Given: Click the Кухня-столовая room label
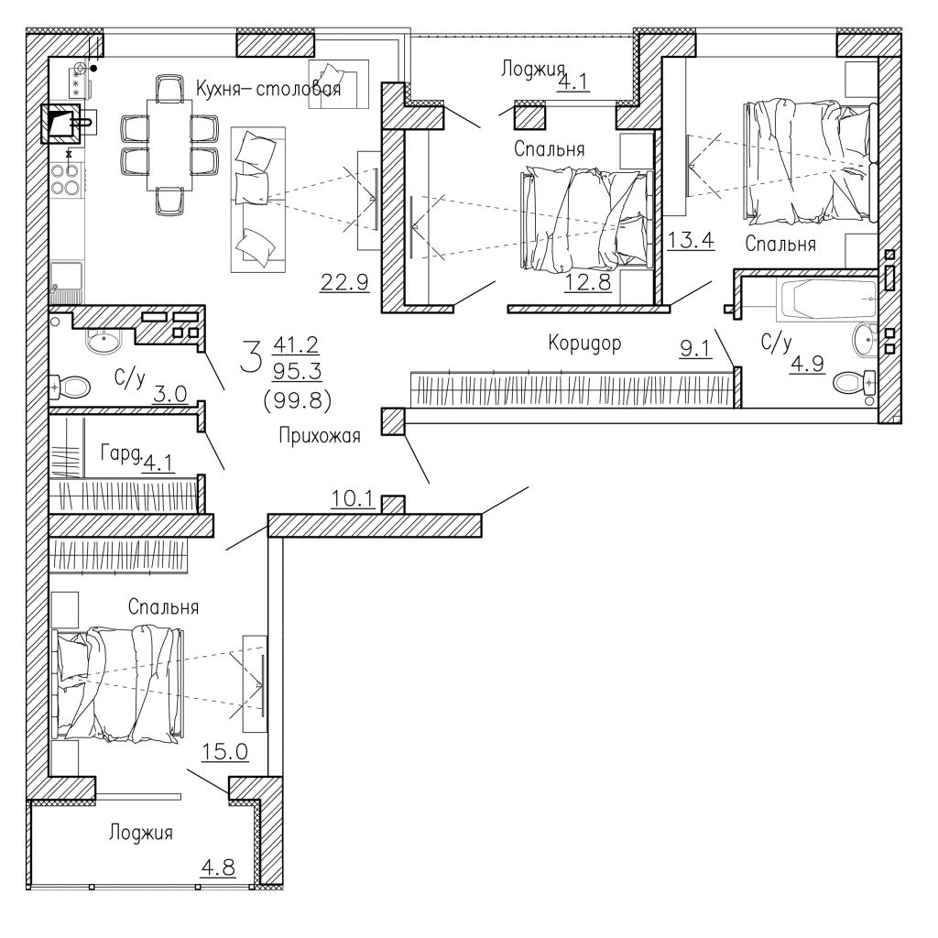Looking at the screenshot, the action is point(268,89).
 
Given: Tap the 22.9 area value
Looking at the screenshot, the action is point(344,281).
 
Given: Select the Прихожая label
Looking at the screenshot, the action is point(320,435).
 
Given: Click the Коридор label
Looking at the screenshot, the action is point(584,344).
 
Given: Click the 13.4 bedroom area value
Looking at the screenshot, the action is point(691,241).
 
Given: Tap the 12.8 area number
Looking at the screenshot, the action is point(587,281).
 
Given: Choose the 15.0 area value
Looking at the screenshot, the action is point(224,751).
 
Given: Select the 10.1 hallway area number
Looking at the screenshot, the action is point(353,498).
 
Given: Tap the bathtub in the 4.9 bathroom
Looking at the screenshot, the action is point(827,298).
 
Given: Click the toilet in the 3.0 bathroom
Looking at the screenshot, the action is point(71,387).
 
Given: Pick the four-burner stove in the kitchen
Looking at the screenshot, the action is point(65,179).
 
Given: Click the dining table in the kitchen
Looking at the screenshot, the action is point(169,145).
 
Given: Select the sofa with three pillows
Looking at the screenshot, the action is point(258,200).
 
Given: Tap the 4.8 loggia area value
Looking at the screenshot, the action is point(217,867).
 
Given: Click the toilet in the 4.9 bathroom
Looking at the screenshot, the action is point(854,380).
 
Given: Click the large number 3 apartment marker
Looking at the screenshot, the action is point(251,354).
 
